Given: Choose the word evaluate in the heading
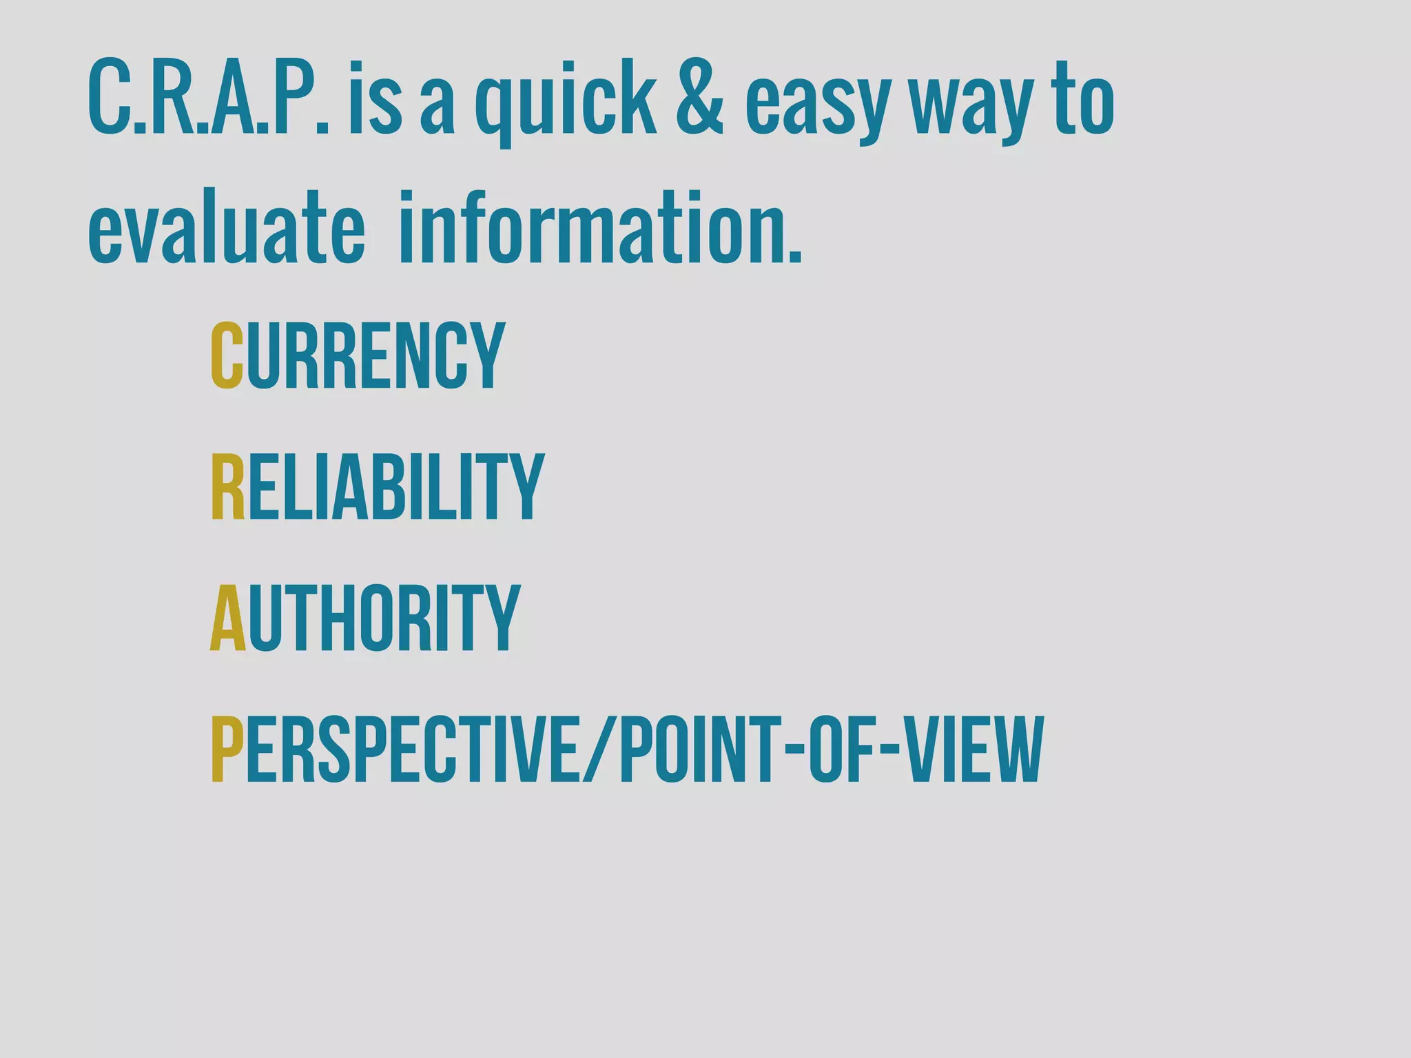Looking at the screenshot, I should coord(227,227).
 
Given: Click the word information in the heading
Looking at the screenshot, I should coord(600,227).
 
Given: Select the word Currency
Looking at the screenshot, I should coord(358,356).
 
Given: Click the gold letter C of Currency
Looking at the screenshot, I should coord(227,356).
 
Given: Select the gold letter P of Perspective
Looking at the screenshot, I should coord(227,749).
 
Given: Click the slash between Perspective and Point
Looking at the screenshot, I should coord(600,749).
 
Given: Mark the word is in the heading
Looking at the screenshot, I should coord(375,99).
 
